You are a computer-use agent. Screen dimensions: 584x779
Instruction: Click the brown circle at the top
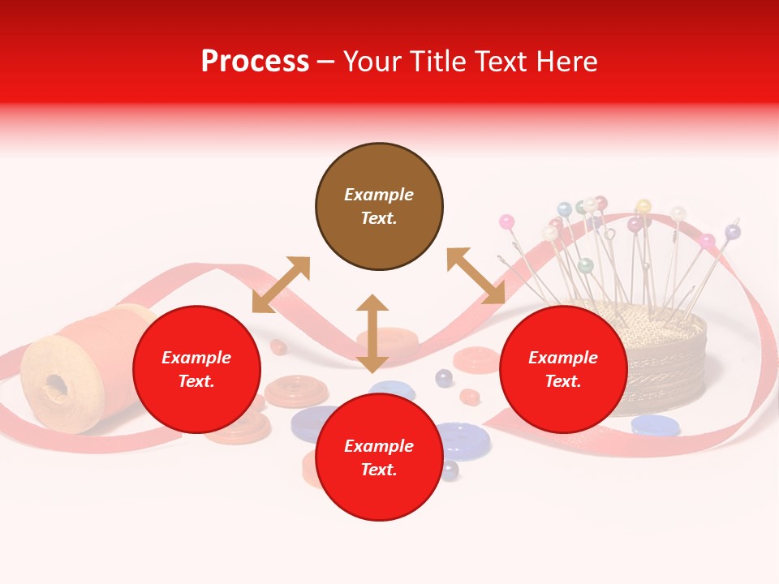coord(379,207)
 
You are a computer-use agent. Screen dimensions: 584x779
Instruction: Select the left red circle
coord(196,369)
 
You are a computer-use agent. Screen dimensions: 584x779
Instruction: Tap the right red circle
coord(563,369)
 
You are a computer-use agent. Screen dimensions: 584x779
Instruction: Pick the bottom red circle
coord(379,457)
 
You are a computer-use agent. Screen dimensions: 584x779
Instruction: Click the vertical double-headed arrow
coord(372,333)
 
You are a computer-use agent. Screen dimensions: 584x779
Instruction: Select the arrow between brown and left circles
coord(281,285)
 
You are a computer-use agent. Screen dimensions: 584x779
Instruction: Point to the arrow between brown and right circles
coord(476,276)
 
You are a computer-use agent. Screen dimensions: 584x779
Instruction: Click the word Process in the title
coord(255,62)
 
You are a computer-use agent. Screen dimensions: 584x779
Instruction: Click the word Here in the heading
coord(567,62)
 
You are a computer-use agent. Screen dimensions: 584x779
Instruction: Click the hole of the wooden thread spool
coord(55,384)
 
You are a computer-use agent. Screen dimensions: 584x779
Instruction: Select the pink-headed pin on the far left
coord(506,221)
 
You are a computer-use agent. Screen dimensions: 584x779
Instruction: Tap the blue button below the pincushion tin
coord(656,425)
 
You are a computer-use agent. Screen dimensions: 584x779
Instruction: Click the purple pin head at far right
coord(733,232)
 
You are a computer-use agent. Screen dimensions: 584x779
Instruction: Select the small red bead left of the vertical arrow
coord(278,347)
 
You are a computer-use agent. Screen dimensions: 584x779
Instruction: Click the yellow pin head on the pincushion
coord(643,206)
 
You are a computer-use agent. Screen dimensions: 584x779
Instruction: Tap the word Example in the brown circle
coord(379,195)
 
